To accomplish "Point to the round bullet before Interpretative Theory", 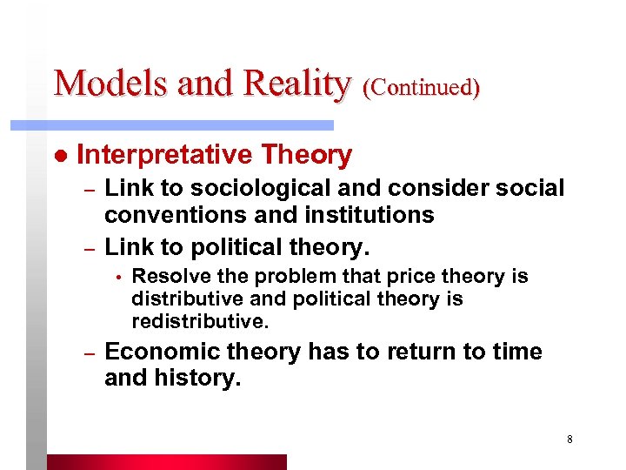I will click(60, 156).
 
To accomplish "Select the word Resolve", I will click(165, 277).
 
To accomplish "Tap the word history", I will click(196, 378).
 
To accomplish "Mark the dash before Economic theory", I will click(88, 353).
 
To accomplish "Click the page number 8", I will click(569, 439).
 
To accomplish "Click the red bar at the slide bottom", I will click(165, 461).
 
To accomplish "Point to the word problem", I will click(270, 277).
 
